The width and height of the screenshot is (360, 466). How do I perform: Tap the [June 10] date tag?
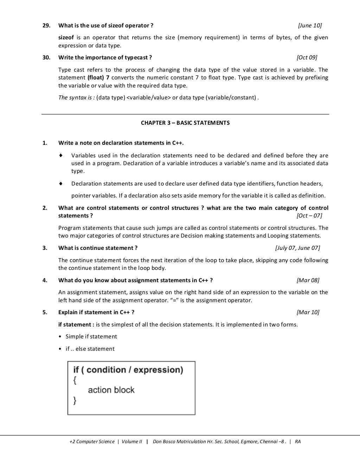point(309,25)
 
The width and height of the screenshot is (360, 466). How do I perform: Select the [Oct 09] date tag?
point(307,57)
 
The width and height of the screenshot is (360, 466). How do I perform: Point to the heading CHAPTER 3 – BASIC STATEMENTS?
point(185,123)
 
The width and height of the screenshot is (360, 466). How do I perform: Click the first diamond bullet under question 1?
point(61,155)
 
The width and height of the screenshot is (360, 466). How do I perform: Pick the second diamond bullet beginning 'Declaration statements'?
point(61,183)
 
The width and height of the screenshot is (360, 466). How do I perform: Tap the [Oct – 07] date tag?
point(309,215)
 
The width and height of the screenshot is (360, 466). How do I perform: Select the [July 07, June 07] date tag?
point(297,248)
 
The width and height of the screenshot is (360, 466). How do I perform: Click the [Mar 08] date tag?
point(308,280)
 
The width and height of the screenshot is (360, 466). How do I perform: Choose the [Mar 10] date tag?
point(308,312)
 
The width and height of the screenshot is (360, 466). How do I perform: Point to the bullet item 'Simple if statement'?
point(91,336)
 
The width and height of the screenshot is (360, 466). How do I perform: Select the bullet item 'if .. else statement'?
point(90,349)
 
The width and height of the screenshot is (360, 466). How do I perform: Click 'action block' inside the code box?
point(111,390)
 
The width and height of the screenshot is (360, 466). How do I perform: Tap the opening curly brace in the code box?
point(75,380)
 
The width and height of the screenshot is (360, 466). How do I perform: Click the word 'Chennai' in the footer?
point(268,441)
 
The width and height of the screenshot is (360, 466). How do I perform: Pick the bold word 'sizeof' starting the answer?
point(66,38)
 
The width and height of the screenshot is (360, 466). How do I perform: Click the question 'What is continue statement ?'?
point(98,248)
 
